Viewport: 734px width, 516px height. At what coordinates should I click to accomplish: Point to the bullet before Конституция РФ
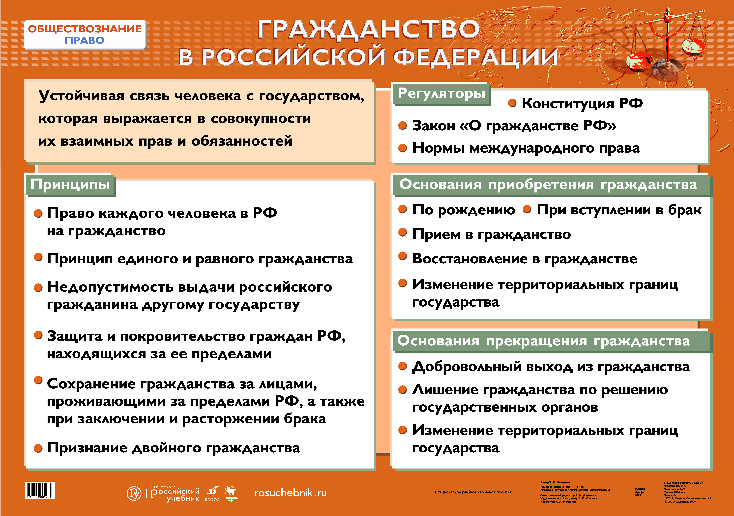[512, 103]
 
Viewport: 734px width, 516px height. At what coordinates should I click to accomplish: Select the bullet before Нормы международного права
[403, 148]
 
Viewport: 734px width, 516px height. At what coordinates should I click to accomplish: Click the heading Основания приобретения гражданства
[548, 185]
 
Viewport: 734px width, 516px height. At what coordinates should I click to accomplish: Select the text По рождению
[464, 210]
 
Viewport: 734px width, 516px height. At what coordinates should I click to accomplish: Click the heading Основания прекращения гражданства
[543, 341]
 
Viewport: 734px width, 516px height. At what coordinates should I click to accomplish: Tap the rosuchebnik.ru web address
[290, 493]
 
